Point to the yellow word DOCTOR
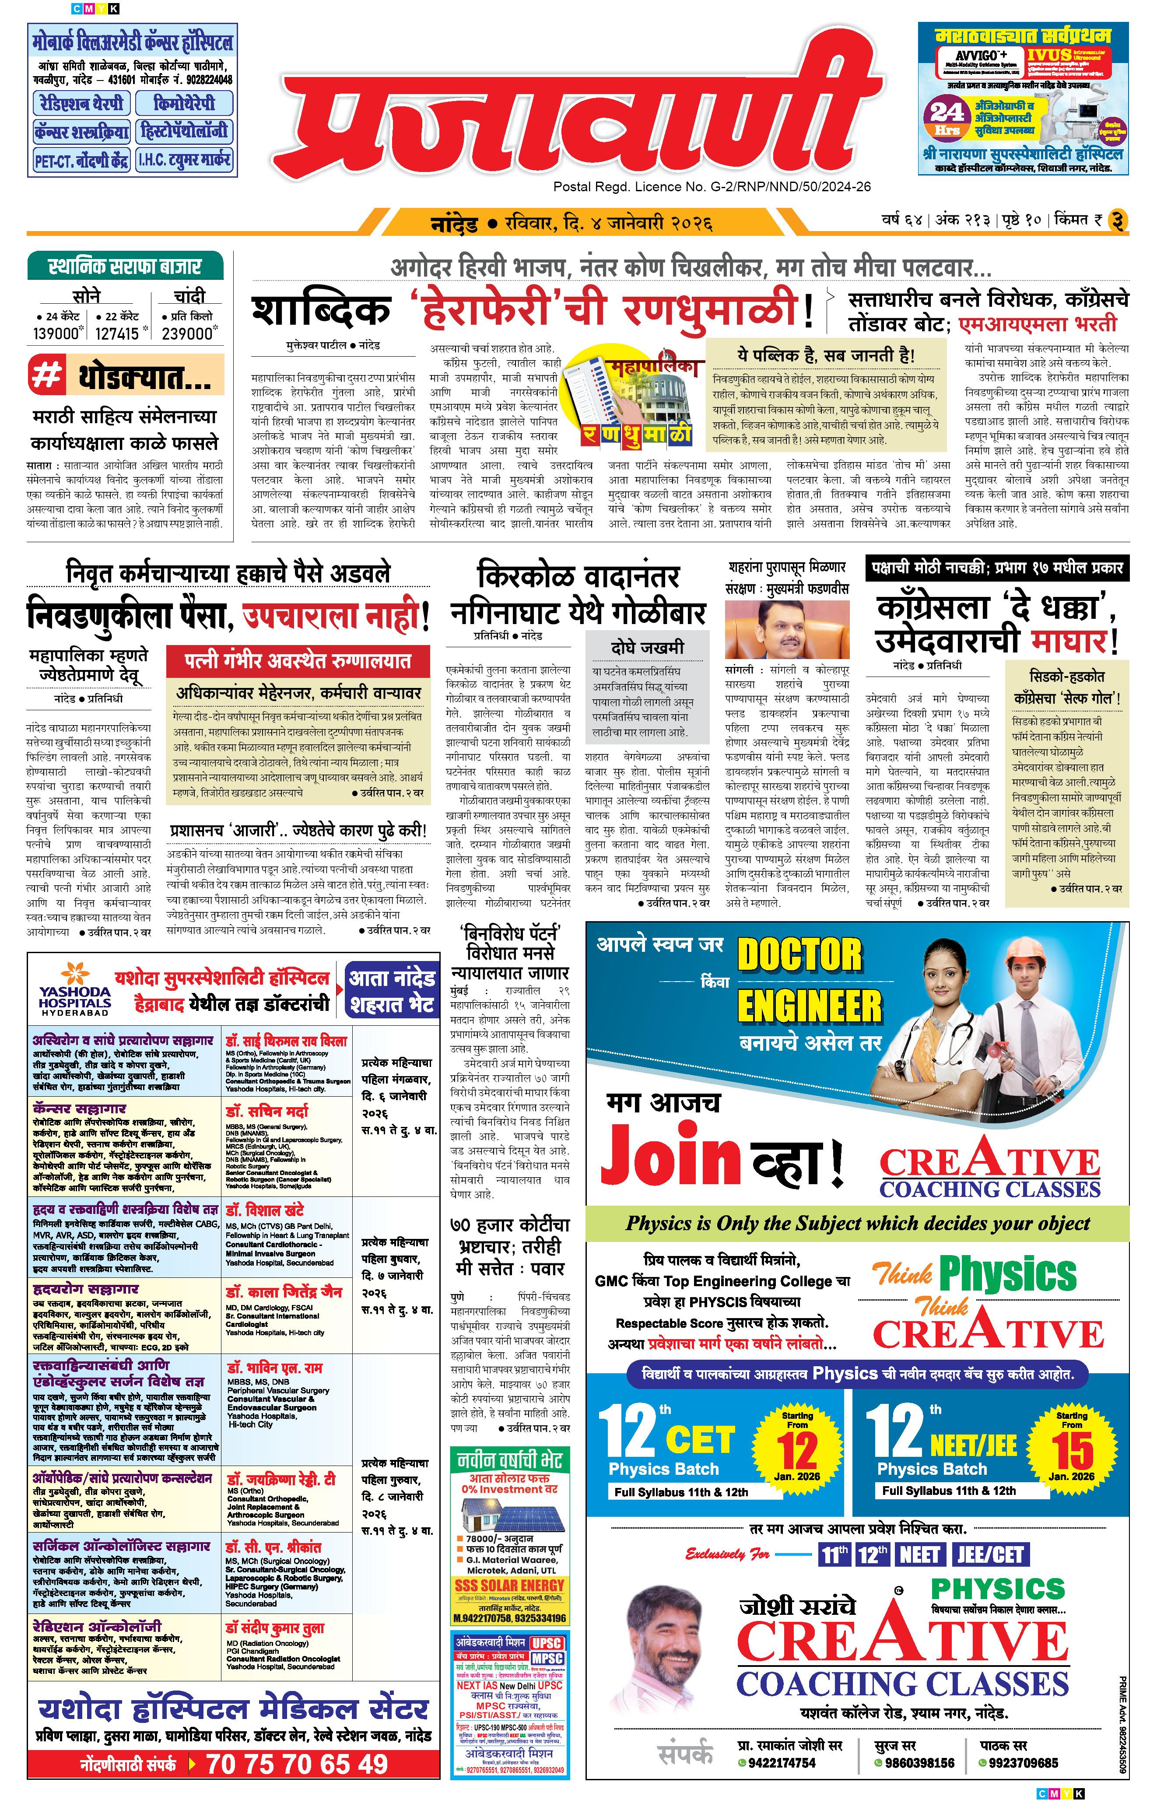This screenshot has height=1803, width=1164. [x=799, y=954]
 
